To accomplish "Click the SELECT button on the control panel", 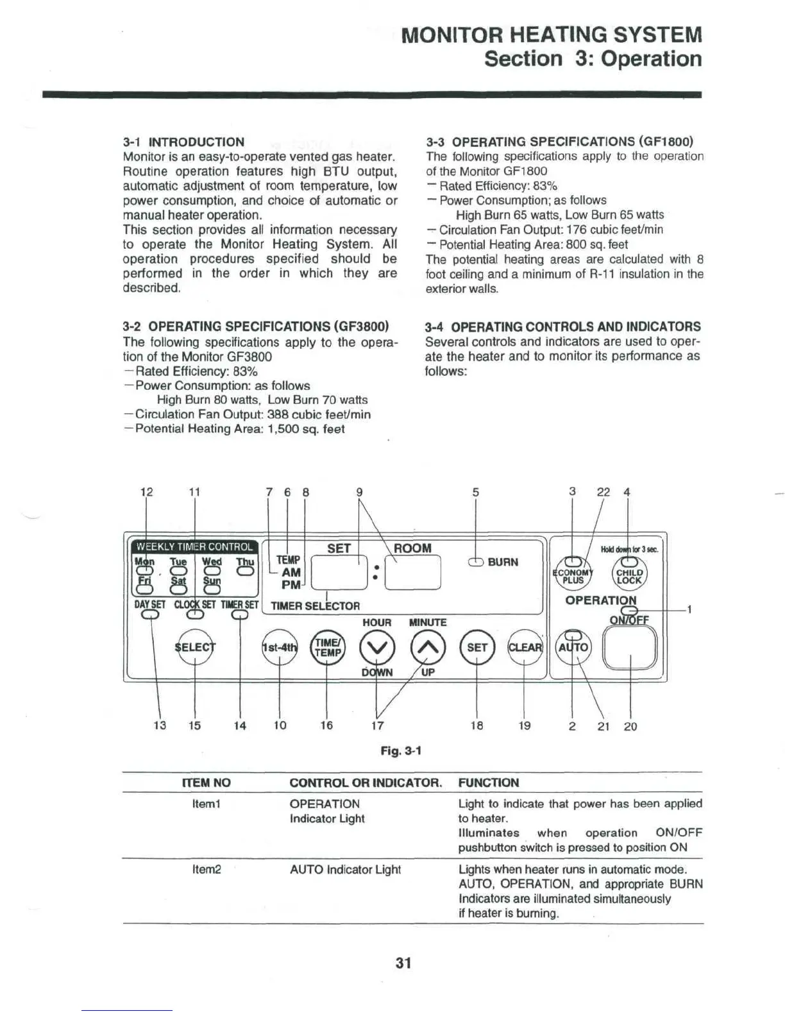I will click(195, 647).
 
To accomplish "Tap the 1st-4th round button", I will click(280, 647).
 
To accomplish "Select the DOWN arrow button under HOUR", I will click(376, 647).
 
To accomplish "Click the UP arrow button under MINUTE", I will click(427, 647).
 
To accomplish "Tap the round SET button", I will click(477, 647).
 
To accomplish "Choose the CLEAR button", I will click(525, 647).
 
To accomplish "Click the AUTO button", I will click(573, 648).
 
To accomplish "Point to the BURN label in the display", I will click(503, 562).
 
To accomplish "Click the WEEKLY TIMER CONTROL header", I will click(194, 546).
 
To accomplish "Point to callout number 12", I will click(146, 492).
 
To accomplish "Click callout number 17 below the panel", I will click(378, 725).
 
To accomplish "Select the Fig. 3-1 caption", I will click(401, 750).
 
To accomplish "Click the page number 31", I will click(403, 963).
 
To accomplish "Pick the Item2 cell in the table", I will click(207, 869).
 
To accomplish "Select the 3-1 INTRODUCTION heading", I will click(183, 142).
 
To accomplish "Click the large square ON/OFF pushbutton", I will click(631, 647).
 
